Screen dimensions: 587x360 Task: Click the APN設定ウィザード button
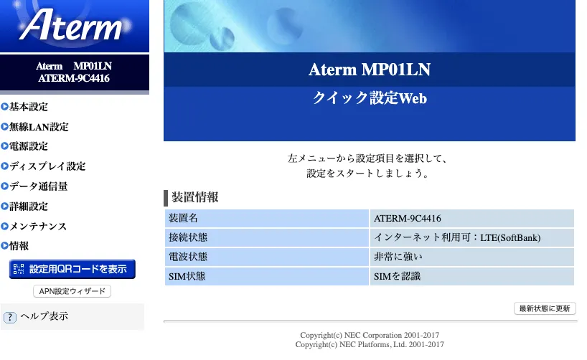pyautogui.click(x=72, y=291)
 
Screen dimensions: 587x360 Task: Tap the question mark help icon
pyautogui.click(x=10, y=318)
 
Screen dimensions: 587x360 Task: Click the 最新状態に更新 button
pyautogui.click(x=545, y=308)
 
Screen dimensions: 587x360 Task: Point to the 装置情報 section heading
pyautogui.click(x=194, y=197)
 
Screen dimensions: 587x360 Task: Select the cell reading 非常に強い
pyautogui.click(x=471, y=257)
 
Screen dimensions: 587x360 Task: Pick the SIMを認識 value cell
pyautogui.click(x=471, y=276)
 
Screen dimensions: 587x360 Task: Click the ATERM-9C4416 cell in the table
pyautogui.click(x=471, y=218)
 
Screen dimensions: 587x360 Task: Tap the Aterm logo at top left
pyautogui.click(x=71, y=25)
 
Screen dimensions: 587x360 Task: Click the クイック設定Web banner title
pyautogui.click(x=370, y=98)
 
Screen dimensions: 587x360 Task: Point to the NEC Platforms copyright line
pyautogui.click(x=370, y=344)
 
